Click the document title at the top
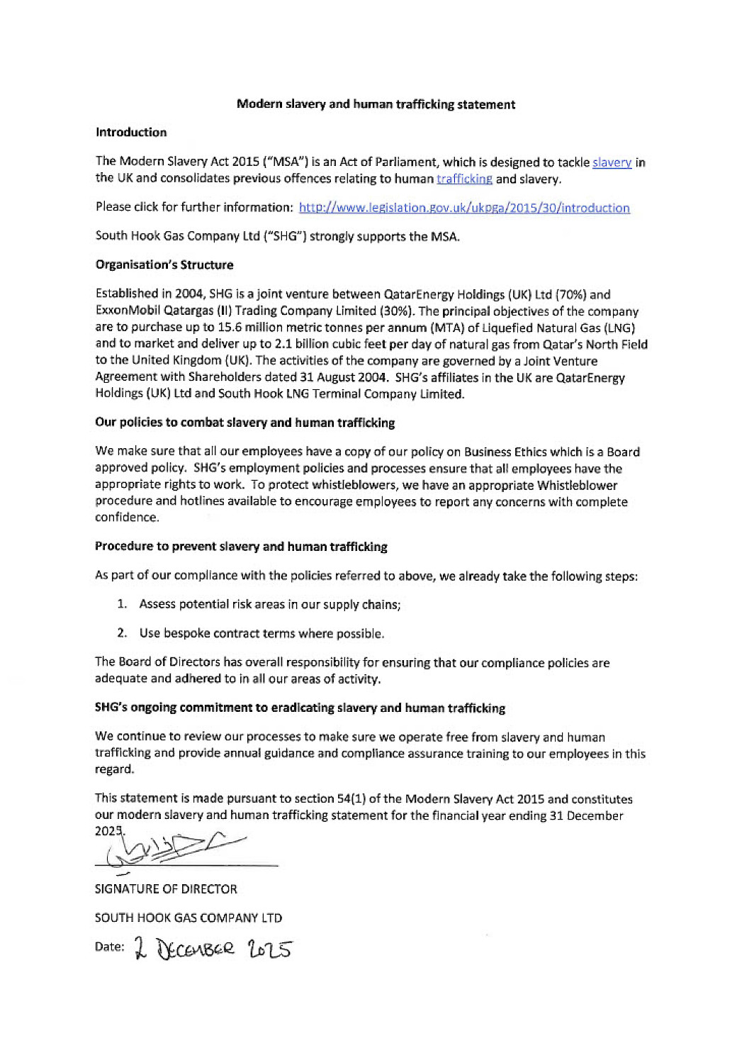click(x=376, y=104)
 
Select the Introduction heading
click(x=131, y=133)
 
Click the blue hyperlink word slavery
click(x=612, y=162)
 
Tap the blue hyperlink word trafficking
click(x=464, y=179)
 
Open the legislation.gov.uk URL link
click(x=464, y=208)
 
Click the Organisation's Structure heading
click(x=164, y=265)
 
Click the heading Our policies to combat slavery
click(x=245, y=423)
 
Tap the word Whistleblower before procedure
click(x=577, y=486)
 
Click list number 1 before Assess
click(x=122, y=604)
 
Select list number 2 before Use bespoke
click(x=122, y=633)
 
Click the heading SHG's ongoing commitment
click(x=300, y=708)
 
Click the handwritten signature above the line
click(x=174, y=849)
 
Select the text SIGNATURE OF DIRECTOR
click(x=166, y=889)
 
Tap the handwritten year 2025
click(x=270, y=949)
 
